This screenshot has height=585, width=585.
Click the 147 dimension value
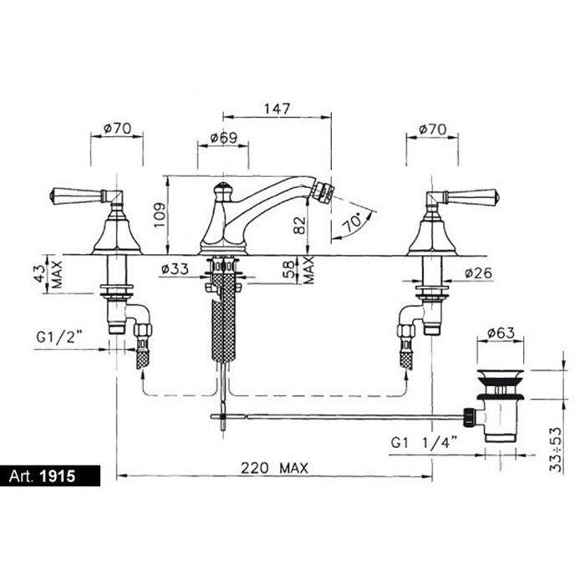coord(277,109)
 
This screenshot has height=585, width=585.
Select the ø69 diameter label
coord(224,138)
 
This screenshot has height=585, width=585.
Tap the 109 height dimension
coord(160,215)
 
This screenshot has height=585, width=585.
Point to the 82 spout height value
coord(299,226)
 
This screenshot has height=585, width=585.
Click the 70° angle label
coord(353,223)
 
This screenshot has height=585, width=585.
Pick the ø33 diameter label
coord(175,268)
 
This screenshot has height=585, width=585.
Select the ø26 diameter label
coord(479,273)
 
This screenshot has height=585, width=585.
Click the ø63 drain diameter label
coord(501,333)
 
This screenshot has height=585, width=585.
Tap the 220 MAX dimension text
coord(275,468)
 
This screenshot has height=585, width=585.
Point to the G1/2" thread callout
coord(59,337)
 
